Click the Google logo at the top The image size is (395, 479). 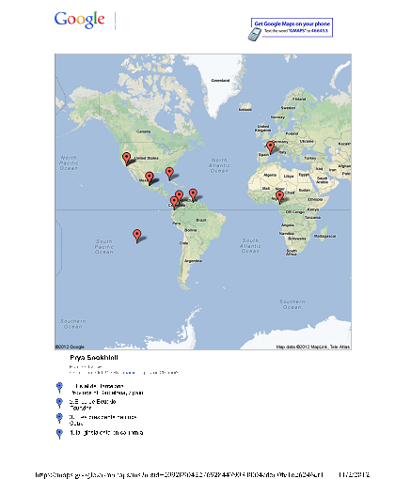click(x=79, y=20)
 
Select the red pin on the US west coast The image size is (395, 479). click(x=125, y=158)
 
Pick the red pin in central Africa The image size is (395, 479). click(x=279, y=197)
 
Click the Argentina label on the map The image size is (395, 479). click(x=193, y=260)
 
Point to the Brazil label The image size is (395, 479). click(x=200, y=220)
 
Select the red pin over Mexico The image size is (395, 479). click(x=149, y=177)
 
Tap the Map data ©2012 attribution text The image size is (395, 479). click(x=305, y=347)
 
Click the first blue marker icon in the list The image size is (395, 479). click(x=59, y=387)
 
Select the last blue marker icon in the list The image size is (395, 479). click(x=59, y=433)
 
